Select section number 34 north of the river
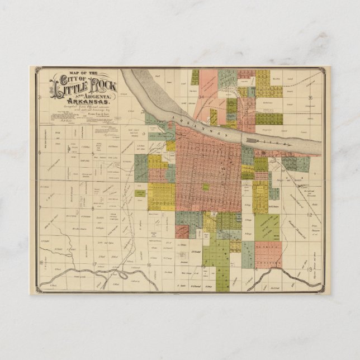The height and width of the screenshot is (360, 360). click(x=200, y=97)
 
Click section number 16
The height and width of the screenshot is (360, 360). click(x=149, y=264)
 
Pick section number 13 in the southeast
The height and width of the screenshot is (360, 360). click(x=309, y=269)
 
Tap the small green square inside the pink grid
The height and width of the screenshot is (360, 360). click(x=206, y=187)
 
